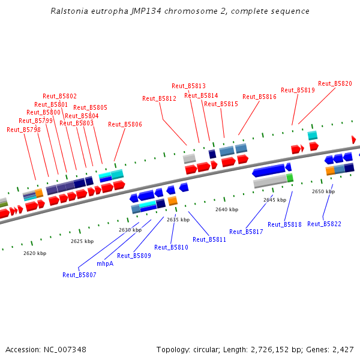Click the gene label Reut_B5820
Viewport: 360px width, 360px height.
coord(335,83)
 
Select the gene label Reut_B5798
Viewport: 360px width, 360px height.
coord(23,130)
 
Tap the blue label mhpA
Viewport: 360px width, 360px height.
coord(105,263)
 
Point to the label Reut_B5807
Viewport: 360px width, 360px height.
coord(79,275)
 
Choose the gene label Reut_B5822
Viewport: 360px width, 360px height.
coord(324,224)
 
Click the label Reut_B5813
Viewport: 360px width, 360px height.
coord(188,86)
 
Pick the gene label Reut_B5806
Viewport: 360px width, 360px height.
coord(125,124)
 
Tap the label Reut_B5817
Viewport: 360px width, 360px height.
coord(246,232)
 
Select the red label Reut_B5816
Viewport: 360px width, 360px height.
coord(259,97)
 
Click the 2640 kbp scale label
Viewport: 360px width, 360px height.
coord(227,209)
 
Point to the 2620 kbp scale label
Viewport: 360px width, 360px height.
coord(35,253)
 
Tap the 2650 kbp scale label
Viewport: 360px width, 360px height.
coord(323,191)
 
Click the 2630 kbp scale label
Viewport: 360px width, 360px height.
coord(130,230)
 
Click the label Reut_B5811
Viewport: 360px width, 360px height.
coord(209,239)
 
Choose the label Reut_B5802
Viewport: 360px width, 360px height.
coord(59,96)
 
